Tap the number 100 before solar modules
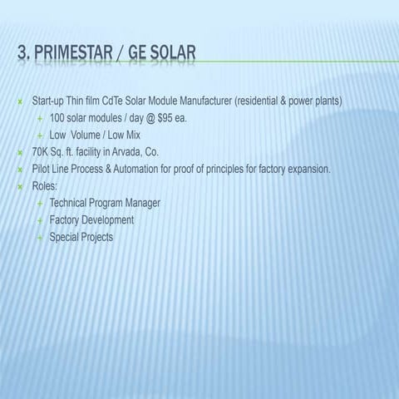(x=58, y=118)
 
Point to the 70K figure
(x=41, y=152)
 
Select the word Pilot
(x=42, y=169)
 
